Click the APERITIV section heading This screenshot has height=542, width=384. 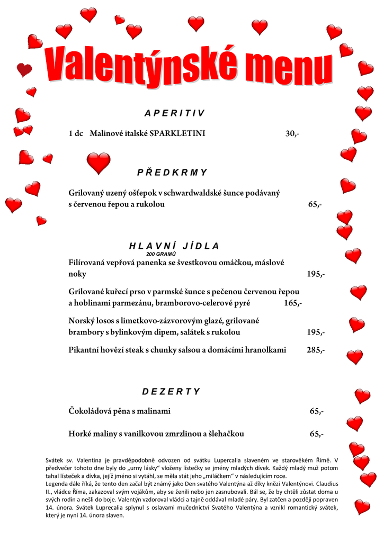tap(174, 113)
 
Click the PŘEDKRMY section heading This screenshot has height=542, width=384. tap(172, 173)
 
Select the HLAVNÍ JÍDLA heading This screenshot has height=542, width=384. tap(174, 246)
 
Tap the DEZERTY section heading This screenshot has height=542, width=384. tap(171, 392)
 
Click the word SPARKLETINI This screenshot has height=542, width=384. tap(177, 134)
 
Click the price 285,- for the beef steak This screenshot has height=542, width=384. tap(316, 350)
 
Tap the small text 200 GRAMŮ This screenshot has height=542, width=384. tap(161, 255)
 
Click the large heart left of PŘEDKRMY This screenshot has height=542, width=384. tap(99, 162)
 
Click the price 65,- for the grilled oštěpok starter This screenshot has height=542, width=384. tap(315, 205)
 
